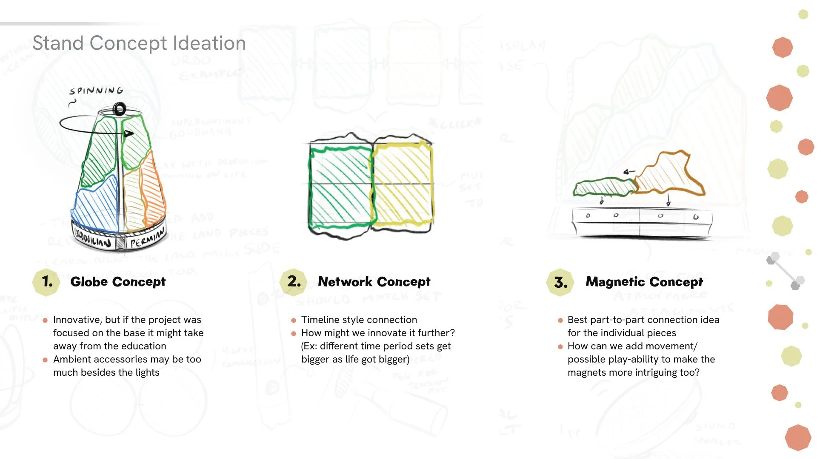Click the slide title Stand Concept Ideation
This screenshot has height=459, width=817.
point(139,43)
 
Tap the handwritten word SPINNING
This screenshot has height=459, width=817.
point(97,91)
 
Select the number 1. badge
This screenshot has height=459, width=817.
point(46,281)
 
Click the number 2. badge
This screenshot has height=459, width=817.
point(294,281)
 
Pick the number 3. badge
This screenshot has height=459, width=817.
point(560,282)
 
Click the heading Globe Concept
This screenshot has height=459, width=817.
point(118,281)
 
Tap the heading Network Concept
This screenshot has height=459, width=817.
point(374,281)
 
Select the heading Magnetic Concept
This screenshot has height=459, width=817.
point(644,281)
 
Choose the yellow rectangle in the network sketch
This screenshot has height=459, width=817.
point(402,183)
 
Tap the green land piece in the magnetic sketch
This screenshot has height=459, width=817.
point(603,187)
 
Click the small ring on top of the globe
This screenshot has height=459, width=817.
point(120,110)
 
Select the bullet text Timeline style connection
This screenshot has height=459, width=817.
point(359,320)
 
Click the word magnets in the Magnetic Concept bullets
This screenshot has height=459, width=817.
point(586,372)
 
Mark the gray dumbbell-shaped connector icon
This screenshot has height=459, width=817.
point(785,271)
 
